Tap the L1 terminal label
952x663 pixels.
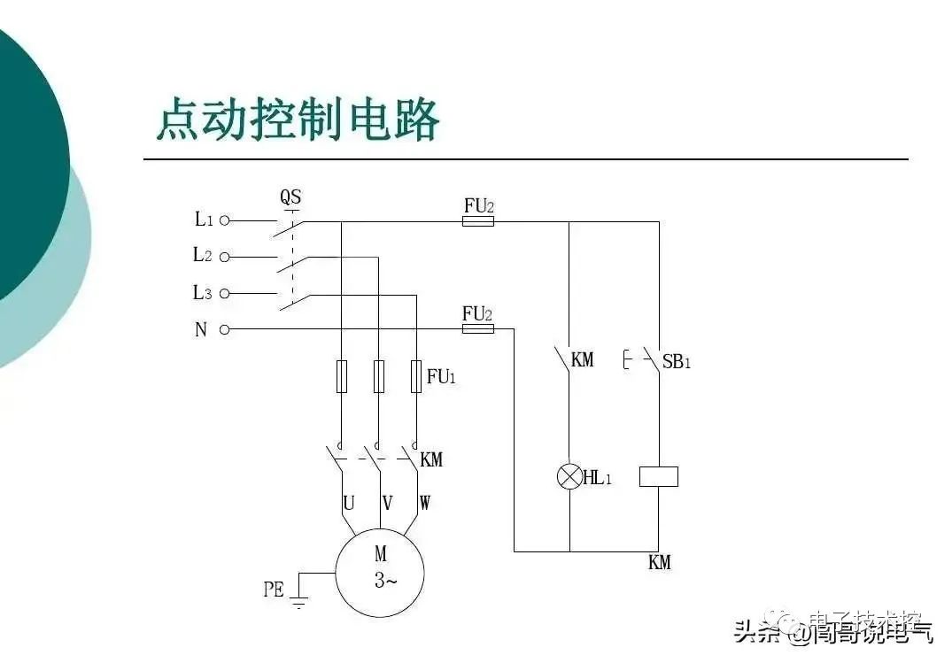pyautogui.click(x=204, y=219)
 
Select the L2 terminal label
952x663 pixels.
pyautogui.click(x=203, y=255)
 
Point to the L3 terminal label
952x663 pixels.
pyautogui.click(x=203, y=293)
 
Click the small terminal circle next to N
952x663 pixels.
pyautogui.click(x=224, y=329)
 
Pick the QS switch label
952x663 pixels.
pyautogui.click(x=290, y=197)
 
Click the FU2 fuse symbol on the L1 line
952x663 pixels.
pyautogui.click(x=477, y=221)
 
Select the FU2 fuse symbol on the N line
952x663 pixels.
pyautogui.click(x=477, y=329)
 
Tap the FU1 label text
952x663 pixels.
pyautogui.click(x=441, y=376)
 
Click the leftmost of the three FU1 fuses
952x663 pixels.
pyautogui.click(x=341, y=376)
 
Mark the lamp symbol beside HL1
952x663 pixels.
pyautogui.click(x=569, y=476)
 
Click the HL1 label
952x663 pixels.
pyautogui.click(x=599, y=478)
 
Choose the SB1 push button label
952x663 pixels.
pyautogui.click(x=676, y=360)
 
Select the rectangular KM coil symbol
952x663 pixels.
pyautogui.click(x=658, y=476)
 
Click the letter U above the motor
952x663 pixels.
pyautogui.click(x=349, y=503)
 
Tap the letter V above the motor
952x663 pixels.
pyautogui.click(x=387, y=503)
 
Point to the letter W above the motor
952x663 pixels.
pyautogui.click(x=425, y=503)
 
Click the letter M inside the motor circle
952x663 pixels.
pyautogui.click(x=380, y=555)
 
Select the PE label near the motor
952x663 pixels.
pyautogui.click(x=274, y=589)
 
